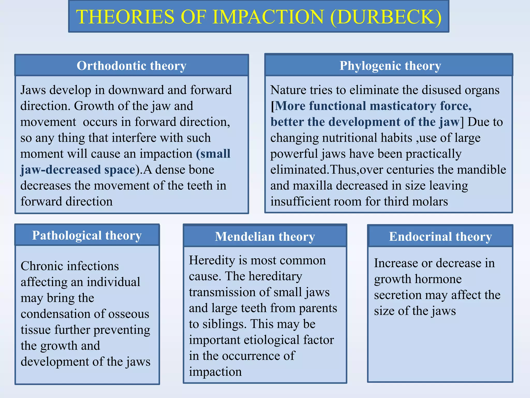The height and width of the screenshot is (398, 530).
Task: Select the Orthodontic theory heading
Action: click(131, 66)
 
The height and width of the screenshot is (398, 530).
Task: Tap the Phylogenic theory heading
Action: click(390, 66)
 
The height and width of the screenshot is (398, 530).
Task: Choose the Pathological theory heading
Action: click(87, 235)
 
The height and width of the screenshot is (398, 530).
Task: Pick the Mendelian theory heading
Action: click(265, 236)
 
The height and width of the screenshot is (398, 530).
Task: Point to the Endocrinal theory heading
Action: click(440, 236)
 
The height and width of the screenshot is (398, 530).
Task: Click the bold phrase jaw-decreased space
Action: click(78, 170)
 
